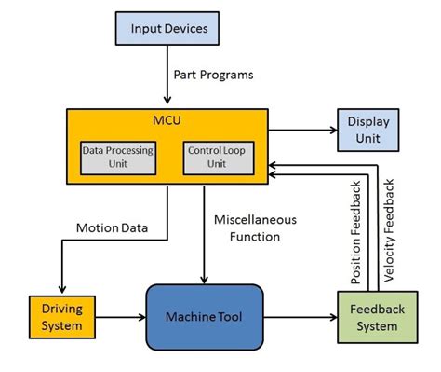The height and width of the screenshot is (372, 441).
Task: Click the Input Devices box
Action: (168, 28)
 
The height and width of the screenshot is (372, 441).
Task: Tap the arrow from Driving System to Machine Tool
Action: (119, 316)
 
